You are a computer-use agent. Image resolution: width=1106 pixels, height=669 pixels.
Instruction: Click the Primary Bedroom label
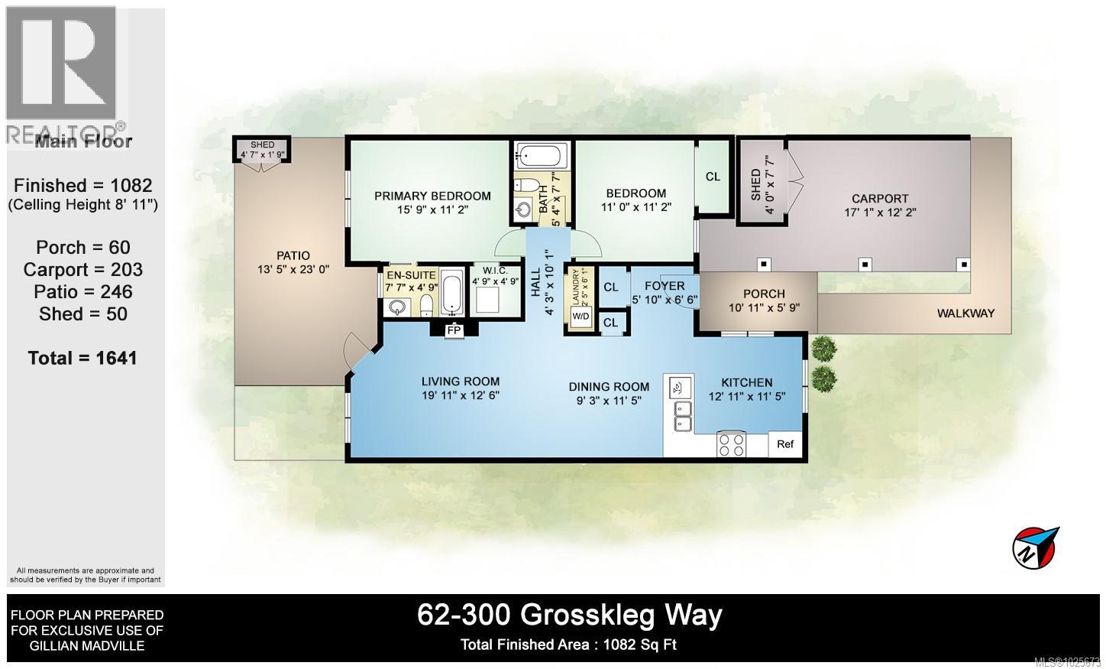[x=432, y=196]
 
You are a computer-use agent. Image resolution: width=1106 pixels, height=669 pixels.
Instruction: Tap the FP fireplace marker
[x=454, y=330]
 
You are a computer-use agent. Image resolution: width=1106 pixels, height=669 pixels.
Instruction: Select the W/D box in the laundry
[x=581, y=317]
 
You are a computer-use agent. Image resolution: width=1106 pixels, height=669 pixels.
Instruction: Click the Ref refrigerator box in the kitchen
[x=785, y=444]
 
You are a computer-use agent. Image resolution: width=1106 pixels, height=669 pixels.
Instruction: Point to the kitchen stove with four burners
[x=732, y=444]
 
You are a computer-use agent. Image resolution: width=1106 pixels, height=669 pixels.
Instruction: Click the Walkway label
[x=966, y=313]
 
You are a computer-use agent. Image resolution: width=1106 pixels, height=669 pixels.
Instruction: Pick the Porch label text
[x=764, y=294]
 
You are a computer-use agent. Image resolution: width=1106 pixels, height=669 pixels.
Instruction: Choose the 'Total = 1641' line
[x=82, y=358]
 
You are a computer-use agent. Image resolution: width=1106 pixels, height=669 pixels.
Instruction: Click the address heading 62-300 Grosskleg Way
[x=569, y=615]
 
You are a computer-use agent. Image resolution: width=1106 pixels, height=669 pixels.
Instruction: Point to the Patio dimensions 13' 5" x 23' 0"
[x=293, y=269]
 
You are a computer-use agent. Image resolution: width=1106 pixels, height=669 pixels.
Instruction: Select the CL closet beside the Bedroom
[x=713, y=177]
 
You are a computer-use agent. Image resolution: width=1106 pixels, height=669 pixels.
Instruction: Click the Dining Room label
[x=609, y=387]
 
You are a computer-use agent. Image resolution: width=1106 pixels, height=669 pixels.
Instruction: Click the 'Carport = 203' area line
[x=82, y=269]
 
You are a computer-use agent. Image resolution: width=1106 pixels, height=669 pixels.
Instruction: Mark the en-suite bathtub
[x=451, y=293]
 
